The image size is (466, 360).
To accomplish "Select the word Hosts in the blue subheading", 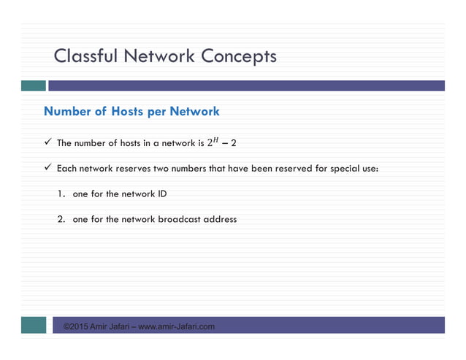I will pyautogui.click(x=129, y=112).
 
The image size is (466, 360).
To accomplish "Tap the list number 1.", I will pyautogui.click(x=61, y=194).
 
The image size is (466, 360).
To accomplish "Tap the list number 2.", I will pyautogui.click(x=61, y=219).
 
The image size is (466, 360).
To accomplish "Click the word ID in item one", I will pyautogui.click(x=170, y=194).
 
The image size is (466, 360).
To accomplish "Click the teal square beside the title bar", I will pyautogui.click(x=33, y=85).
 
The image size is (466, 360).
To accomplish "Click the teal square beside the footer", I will pyautogui.click(x=33, y=325).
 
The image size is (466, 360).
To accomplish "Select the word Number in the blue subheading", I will pyautogui.click(x=67, y=112).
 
